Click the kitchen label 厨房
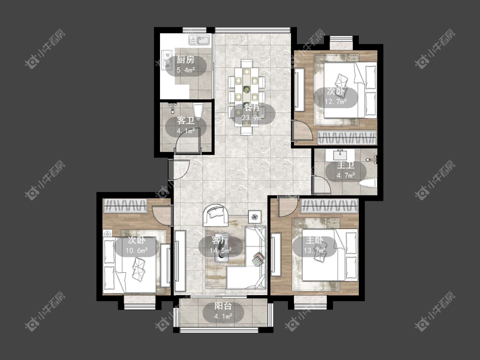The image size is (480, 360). (x=186, y=60)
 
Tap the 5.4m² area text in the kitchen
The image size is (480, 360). (x=186, y=70)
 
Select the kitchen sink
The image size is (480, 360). (x=199, y=40)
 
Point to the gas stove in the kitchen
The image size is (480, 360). (x=167, y=60)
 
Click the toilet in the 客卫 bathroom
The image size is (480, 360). (x=198, y=112)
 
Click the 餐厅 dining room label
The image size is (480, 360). (x=253, y=108)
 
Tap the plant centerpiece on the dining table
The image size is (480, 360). (x=246, y=90)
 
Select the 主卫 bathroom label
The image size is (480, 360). (x=346, y=165)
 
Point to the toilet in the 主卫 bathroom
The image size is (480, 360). (x=367, y=183)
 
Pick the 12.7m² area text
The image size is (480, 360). (x=336, y=102)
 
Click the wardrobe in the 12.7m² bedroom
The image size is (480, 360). (x=346, y=137)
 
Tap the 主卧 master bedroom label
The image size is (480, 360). (x=314, y=241)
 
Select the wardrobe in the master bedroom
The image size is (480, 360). (x=329, y=206)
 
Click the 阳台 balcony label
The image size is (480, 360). (x=223, y=306)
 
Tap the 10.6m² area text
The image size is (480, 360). (x=137, y=251)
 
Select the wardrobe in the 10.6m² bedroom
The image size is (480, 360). (x=125, y=206)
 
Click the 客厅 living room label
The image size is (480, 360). (x=221, y=241)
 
